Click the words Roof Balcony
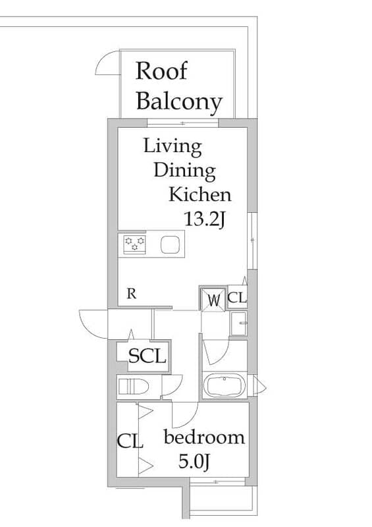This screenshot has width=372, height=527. coord(179,86)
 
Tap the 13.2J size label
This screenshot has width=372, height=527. coord(204,219)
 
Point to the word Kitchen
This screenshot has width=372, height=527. coord(200,194)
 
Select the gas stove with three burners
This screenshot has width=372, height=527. coord(134,244)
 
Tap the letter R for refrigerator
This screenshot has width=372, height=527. coord(132,294)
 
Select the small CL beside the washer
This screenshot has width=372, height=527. coord(237,298)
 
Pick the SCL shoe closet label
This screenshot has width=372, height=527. coord(147,356)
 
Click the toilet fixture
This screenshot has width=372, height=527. coord(134,387)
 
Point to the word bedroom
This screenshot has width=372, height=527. coord(204,437)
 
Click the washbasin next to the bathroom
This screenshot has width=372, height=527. coord(239,323)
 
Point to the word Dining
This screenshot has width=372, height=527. coord(185,171)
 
